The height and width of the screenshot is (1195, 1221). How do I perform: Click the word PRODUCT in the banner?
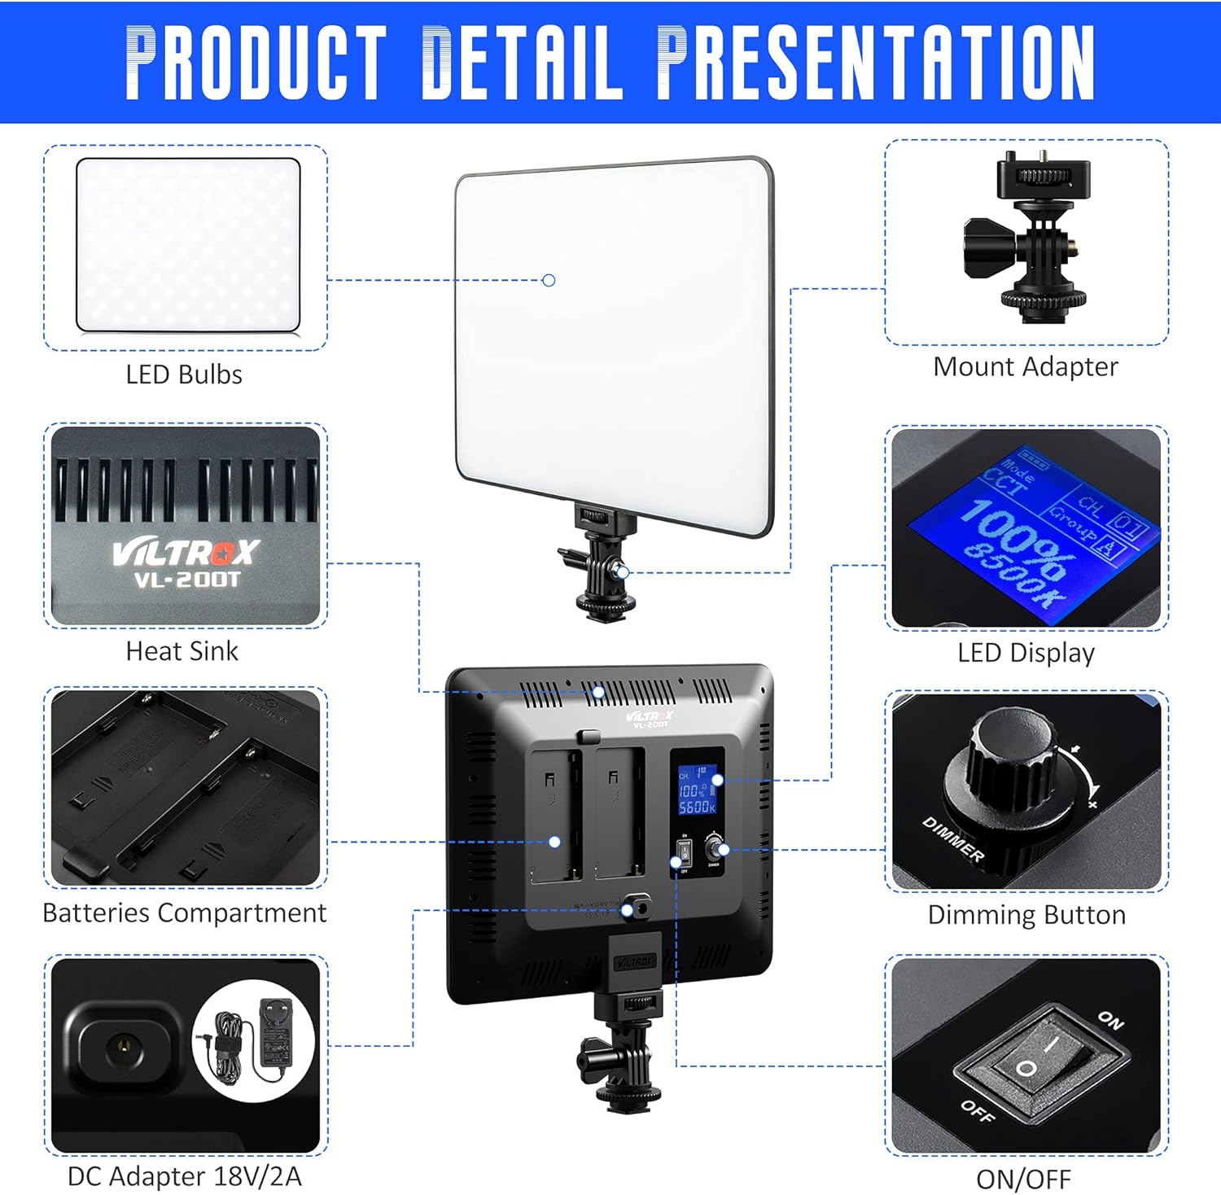[255, 62]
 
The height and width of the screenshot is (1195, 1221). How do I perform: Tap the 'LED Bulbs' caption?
[184, 374]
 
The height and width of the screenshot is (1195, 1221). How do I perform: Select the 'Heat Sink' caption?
[182, 651]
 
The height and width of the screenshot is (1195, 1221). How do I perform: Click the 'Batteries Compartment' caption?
[184, 913]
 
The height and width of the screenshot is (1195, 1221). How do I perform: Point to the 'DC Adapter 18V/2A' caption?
[184, 1176]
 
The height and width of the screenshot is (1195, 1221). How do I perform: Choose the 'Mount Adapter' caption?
[1026, 366]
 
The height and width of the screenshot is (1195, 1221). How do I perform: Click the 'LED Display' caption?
[1026, 653]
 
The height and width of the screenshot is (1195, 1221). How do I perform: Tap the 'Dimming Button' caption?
[1026, 915]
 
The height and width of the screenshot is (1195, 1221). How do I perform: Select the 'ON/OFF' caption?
[1023, 1179]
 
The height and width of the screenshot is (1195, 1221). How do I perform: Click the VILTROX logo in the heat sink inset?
[186, 554]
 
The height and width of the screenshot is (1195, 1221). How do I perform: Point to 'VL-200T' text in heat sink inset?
[187, 580]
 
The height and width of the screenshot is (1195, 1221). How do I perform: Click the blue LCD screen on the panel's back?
[698, 790]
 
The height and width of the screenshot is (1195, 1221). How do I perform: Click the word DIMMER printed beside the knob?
[953, 838]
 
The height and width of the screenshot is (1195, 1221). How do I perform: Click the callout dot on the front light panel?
[549, 280]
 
